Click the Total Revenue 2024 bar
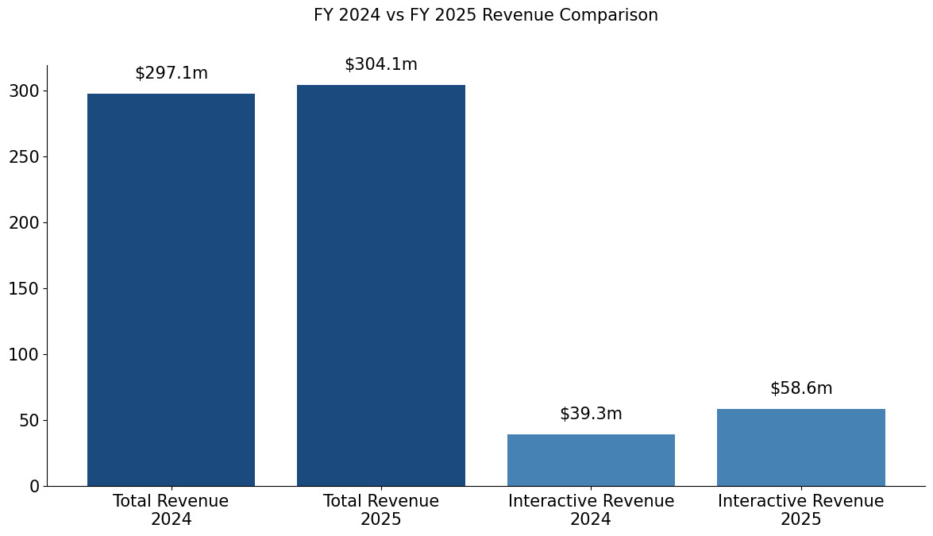coord(171,290)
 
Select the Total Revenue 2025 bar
coord(381,286)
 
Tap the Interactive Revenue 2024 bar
coord(591,461)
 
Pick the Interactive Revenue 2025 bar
coord(800,448)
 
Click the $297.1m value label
coord(172,74)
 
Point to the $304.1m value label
coord(381,65)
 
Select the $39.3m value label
coord(591,415)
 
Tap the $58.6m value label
coord(801,389)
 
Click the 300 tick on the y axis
coord(24,91)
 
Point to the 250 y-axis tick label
coord(24,157)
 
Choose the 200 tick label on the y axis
coord(24,223)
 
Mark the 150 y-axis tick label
coord(24,289)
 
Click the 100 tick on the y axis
coord(24,355)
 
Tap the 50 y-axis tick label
coord(29,421)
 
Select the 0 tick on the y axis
coord(34,487)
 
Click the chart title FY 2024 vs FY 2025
coord(486,16)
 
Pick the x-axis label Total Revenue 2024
coord(171,511)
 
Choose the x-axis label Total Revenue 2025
coord(381,511)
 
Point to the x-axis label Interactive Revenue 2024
coord(591,511)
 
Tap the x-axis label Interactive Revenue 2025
coord(800,511)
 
